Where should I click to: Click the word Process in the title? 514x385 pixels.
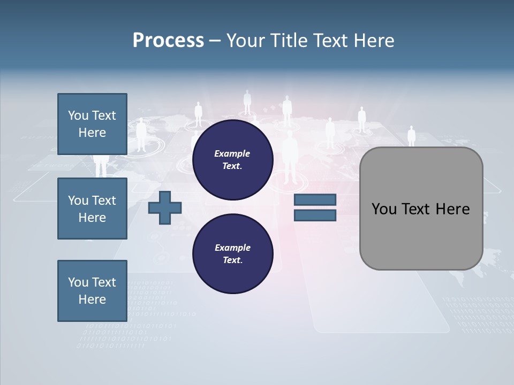coord(168,41)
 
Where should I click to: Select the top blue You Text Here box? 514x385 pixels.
coord(92,124)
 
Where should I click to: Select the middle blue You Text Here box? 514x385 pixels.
coord(92,209)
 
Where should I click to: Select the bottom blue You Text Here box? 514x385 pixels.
coord(92,290)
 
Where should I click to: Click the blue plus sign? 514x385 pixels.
coord(165,207)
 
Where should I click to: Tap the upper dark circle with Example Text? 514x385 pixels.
coord(232,159)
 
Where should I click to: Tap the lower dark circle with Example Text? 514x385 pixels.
coord(232,253)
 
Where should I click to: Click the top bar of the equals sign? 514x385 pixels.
coord(315,200)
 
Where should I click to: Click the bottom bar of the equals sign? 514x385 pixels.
coord(315,215)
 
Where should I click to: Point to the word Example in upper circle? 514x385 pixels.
coord(232,153)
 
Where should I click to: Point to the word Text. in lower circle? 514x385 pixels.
coord(232,260)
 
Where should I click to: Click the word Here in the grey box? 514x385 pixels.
coord(452,209)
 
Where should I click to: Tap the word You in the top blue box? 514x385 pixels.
coord(78,115)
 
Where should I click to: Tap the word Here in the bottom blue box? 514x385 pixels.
coord(92,299)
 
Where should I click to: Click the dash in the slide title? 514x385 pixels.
coord(215,41)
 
